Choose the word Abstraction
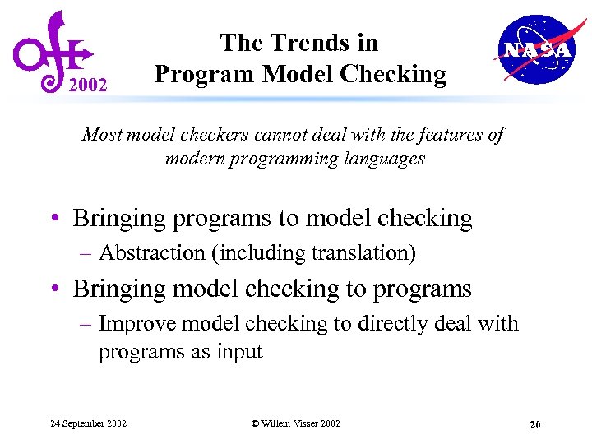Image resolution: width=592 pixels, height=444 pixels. [x=152, y=253]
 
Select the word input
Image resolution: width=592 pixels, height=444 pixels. [x=238, y=352]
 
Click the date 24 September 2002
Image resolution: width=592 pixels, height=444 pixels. [x=88, y=423]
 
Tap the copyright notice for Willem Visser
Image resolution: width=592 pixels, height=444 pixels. [x=295, y=423]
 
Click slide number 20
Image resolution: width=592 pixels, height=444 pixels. [x=535, y=424]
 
